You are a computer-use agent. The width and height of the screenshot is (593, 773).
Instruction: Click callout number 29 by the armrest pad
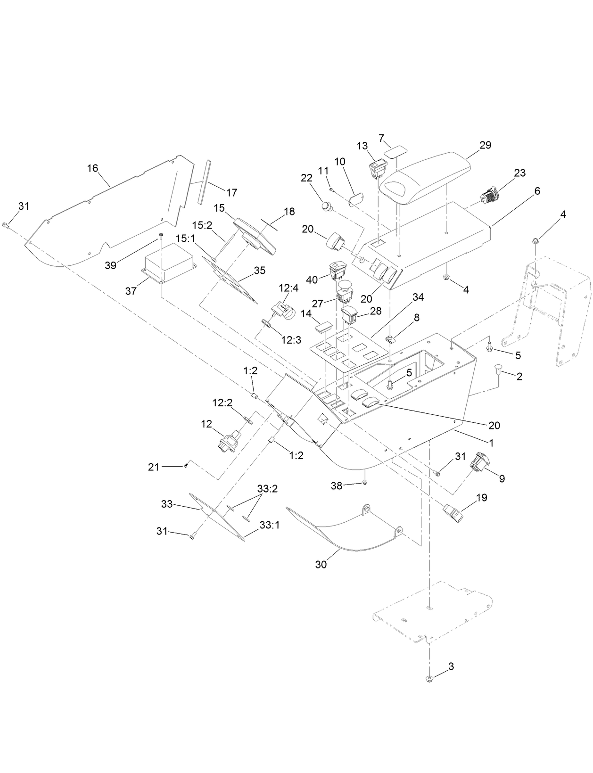click(485, 145)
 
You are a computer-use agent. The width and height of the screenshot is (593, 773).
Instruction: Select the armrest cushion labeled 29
click(427, 177)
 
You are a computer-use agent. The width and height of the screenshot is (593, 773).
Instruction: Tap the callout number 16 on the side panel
click(92, 168)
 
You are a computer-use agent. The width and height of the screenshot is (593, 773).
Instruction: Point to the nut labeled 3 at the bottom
click(429, 679)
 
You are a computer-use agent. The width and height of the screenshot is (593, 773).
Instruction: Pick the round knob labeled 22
click(326, 206)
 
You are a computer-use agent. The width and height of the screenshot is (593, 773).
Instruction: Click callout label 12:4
click(288, 288)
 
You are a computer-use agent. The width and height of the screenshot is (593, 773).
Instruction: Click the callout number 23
click(519, 173)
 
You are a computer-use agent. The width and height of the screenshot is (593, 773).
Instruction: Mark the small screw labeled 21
click(186, 466)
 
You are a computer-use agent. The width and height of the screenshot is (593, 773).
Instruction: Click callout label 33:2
click(267, 489)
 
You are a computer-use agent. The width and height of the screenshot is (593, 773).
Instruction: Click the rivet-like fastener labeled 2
click(498, 370)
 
